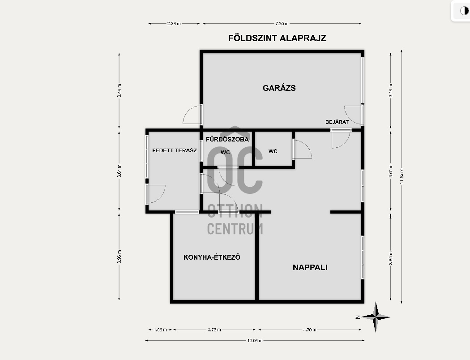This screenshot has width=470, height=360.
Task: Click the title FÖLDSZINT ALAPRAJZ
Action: point(277,38)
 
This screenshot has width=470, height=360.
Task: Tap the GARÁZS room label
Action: point(279,88)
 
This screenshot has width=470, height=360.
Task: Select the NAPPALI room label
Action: point(310,267)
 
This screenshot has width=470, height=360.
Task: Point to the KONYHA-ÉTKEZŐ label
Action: point(212,257)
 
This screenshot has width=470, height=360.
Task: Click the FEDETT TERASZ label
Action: point(175,150)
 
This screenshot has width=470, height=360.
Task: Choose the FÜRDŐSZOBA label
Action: point(227,139)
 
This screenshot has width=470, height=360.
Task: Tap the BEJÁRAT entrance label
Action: point(337,122)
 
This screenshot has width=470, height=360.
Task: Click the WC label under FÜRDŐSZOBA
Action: point(225,152)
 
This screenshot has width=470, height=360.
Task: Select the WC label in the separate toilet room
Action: point(273,151)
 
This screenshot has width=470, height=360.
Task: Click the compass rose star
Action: point(376,317)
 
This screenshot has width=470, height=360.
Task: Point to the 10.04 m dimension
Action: point(255,340)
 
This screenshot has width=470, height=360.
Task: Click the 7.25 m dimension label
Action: point(282,23)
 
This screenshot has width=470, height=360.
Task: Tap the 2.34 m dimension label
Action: point(174,23)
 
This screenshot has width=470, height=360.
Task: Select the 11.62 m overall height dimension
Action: point(402,176)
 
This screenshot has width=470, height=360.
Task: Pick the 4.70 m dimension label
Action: point(310,330)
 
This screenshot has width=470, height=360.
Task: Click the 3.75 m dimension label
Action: point(214,330)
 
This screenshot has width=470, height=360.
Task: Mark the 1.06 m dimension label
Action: point(160,330)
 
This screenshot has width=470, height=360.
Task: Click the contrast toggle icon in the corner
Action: point(464,11)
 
